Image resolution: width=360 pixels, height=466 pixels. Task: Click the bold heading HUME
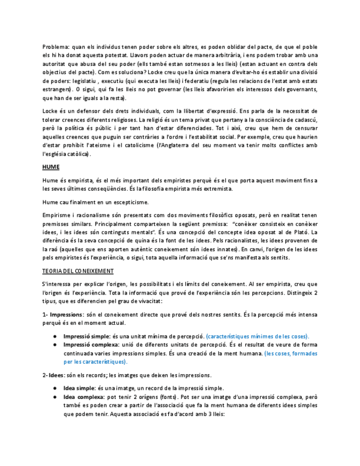[x=51, y=167]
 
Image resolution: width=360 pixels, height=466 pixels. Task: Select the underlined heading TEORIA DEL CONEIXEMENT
[x=78, y=271]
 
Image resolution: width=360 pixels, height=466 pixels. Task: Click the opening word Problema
[x=55, y=47]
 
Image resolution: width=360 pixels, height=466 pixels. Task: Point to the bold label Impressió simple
[x=86, y=336]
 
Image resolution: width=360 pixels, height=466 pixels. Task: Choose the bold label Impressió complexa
[x=91, y=345]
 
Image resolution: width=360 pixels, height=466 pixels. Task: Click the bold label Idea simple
[x=79, y=388]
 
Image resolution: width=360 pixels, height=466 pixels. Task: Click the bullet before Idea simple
[x=56, y=388]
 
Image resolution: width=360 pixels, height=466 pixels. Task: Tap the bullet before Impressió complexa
[x=56, y=345]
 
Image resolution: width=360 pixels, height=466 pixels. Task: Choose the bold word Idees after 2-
[x=56, y=375]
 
